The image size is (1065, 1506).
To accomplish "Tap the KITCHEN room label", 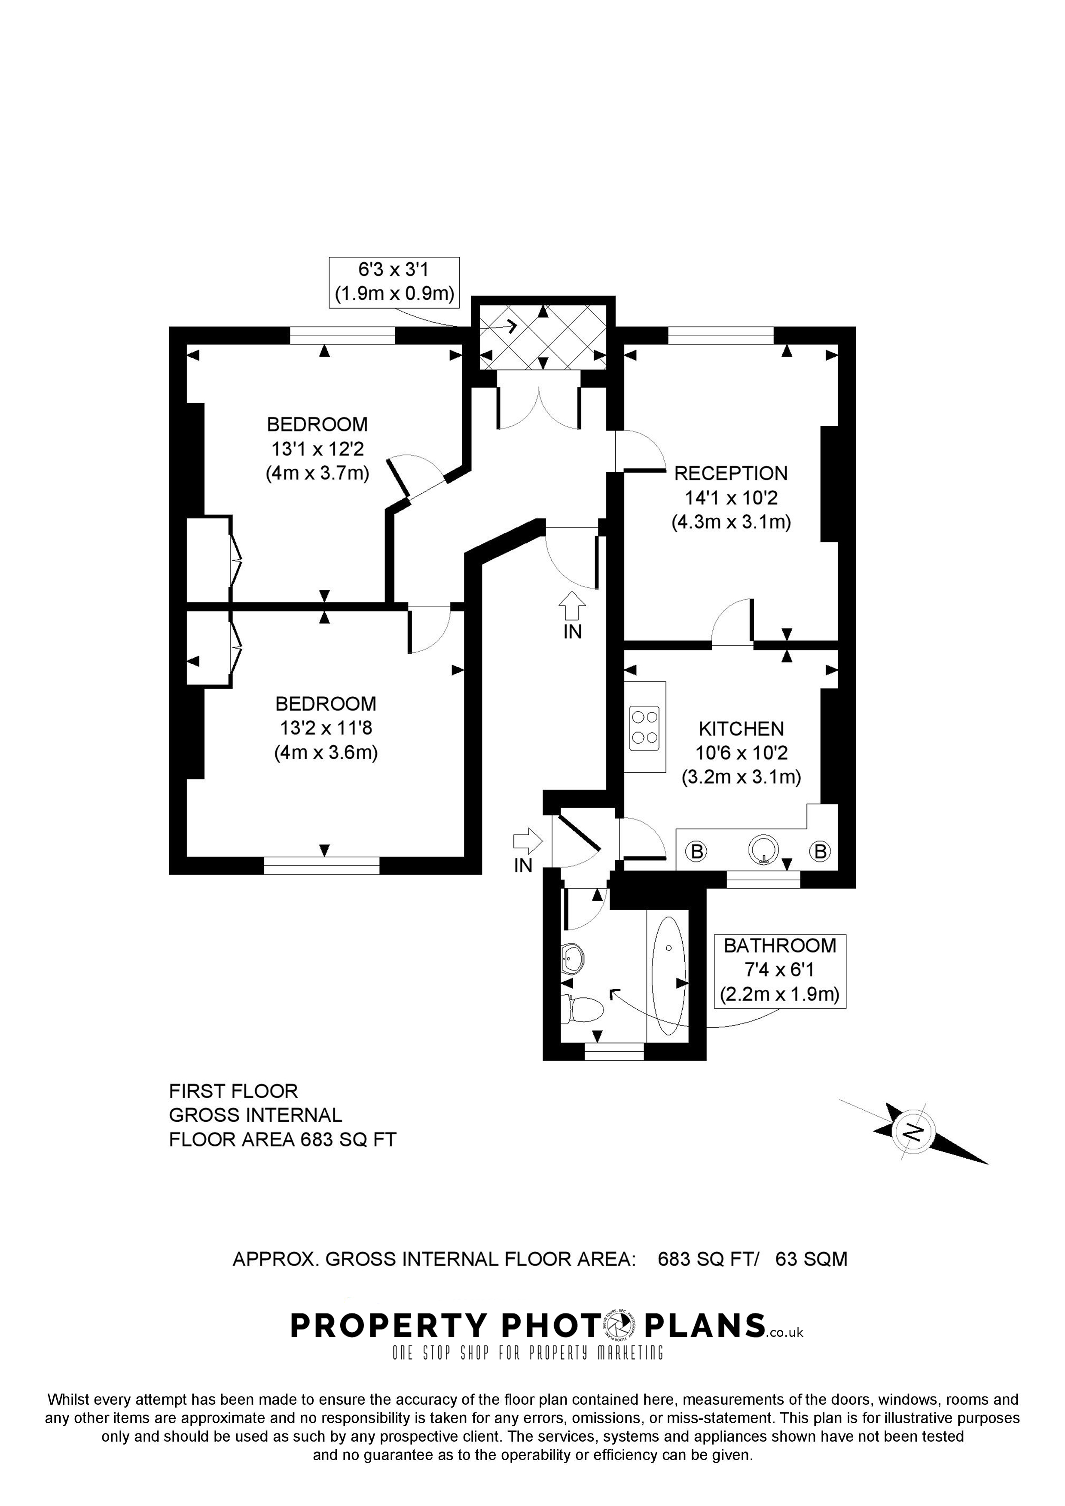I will point(741,729).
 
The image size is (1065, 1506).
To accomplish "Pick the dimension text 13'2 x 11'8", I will point(326,728).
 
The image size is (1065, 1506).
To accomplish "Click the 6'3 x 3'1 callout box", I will point(394,282).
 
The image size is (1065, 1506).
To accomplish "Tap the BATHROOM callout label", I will point(780,945).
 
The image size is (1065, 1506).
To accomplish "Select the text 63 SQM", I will point(811,1260).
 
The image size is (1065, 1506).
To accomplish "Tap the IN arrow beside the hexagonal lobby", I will point(528,840).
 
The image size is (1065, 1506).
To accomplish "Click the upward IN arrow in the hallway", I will point(572,605).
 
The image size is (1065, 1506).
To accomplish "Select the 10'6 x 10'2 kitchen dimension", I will point(741,753).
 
